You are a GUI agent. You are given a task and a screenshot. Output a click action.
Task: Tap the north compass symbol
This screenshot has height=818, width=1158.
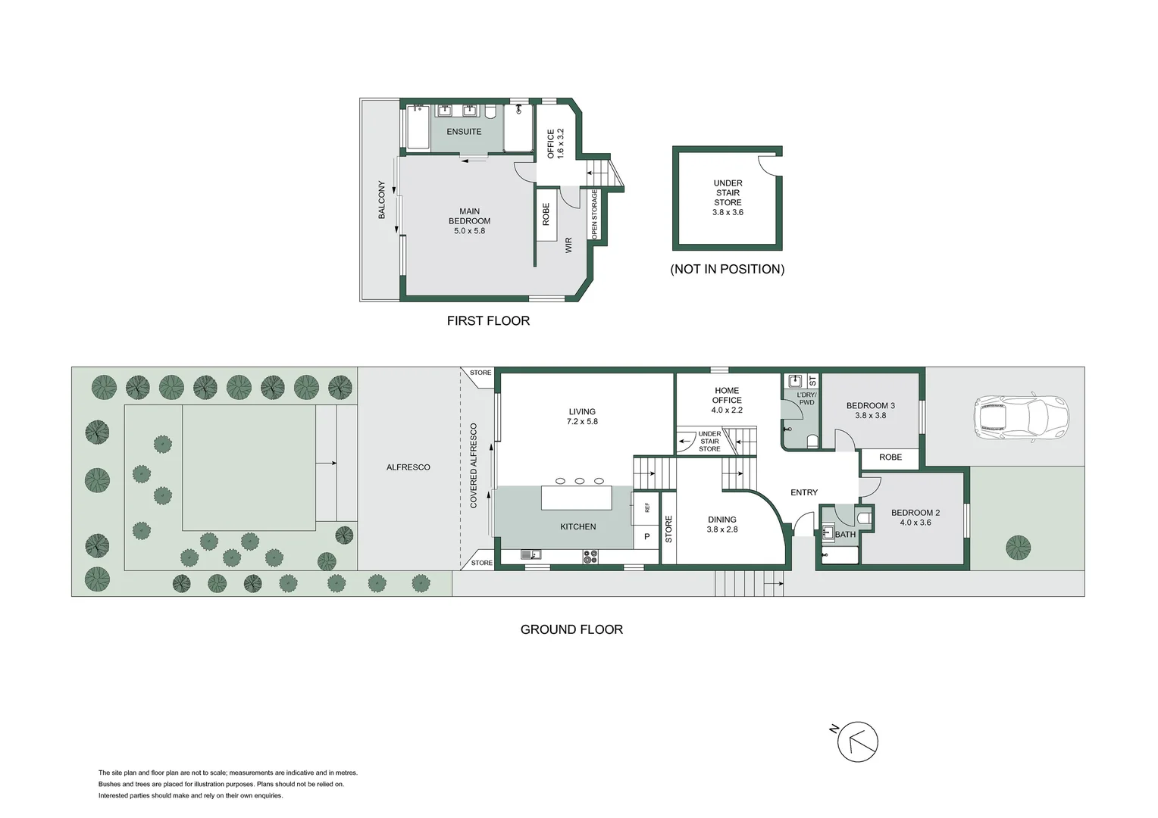point(857,742)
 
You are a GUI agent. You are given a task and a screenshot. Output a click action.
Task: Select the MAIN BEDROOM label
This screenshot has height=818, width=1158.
point(469,220)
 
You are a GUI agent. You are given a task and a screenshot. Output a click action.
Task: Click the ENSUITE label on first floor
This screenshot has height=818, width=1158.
point(464,132)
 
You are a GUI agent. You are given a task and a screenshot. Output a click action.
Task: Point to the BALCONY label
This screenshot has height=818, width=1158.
point(382,200)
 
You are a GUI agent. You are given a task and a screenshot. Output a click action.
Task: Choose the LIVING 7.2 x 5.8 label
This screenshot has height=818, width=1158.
point(582,417)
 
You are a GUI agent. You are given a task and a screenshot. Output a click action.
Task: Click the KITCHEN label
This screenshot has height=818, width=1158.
point(577,526)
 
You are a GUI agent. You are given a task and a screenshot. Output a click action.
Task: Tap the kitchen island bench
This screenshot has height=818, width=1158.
point(577,498)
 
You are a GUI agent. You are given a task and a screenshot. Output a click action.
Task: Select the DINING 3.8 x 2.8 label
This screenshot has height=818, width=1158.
point(721,524)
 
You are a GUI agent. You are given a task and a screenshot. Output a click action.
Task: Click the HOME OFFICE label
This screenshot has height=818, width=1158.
point(727,400)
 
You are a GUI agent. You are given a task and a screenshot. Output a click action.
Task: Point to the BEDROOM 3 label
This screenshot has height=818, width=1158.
point(870,410)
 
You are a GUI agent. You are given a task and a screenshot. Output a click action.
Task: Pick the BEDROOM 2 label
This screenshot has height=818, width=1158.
point(915,517)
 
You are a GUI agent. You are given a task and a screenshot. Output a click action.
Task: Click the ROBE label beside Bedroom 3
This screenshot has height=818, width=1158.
point(890,457)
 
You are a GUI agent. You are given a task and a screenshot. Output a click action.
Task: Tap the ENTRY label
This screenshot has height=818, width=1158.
point(804,492)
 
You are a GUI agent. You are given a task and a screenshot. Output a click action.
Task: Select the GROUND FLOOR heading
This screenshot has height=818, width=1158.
point(571,629)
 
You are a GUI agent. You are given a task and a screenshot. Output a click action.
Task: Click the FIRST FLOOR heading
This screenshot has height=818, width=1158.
point(488,320)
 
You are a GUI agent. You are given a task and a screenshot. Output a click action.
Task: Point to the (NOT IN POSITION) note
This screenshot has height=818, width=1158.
point(727,269)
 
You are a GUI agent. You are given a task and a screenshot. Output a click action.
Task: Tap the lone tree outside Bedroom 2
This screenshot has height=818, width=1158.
point(1018,546)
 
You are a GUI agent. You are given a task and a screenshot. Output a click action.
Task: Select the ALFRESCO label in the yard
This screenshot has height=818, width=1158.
point(408,467)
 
